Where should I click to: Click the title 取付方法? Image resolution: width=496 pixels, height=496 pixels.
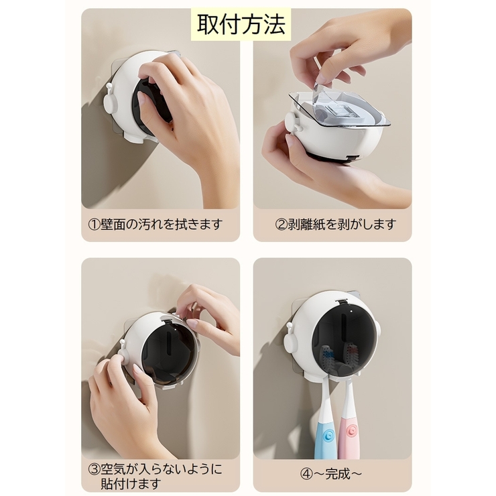click(x=241, y=25)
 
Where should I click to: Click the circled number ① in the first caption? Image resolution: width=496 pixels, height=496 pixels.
click(x=94, y=225)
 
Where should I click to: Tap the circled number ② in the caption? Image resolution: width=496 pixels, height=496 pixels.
click(x=282, y=225)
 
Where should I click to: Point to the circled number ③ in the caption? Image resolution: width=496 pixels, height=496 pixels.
click(x=94, y=469)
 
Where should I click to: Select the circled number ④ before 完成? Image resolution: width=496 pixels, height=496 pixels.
click(x=306, y=474)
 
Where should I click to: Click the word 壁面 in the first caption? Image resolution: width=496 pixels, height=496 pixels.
click(x=113, y=225)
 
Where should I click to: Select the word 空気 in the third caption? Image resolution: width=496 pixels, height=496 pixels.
click(x=113, y=469)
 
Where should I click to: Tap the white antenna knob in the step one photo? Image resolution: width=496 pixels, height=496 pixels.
click(x=109, y=86)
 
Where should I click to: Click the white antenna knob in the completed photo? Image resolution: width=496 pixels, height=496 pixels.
click(x=289, y=326)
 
